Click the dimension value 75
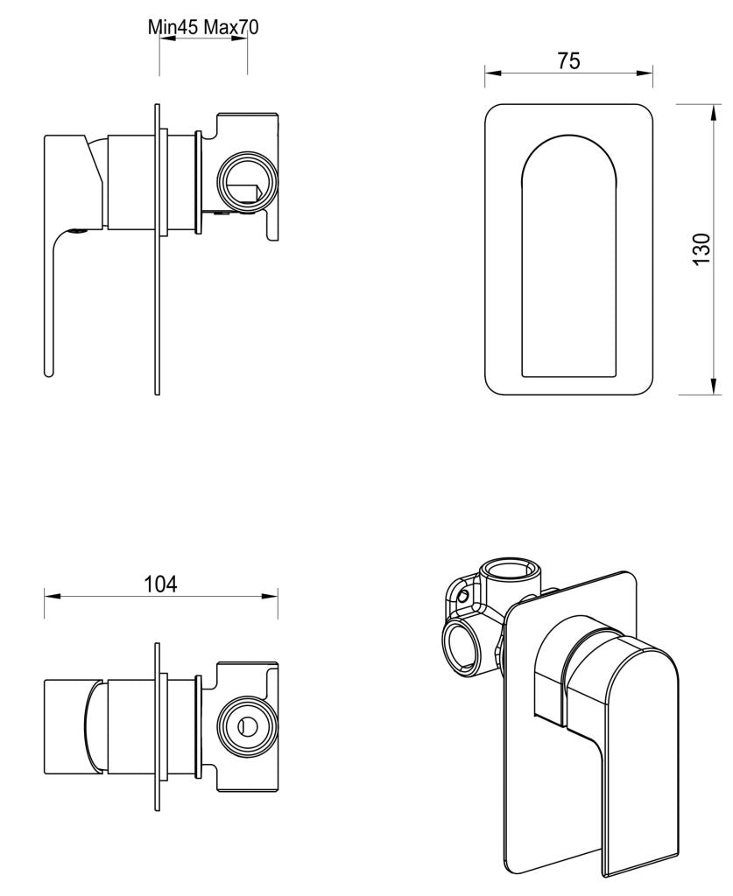coord(568,60)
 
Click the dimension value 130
coord(701,250)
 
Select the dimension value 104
coord(161,583)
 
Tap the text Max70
coord(231,27)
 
